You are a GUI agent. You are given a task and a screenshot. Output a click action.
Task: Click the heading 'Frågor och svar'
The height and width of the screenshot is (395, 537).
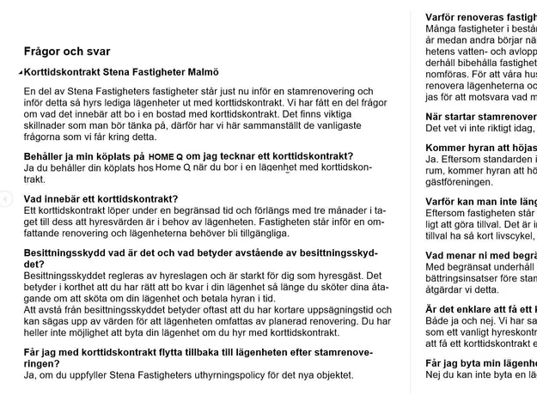(67, 52)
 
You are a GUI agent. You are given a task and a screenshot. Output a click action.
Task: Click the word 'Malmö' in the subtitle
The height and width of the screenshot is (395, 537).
(201, 72)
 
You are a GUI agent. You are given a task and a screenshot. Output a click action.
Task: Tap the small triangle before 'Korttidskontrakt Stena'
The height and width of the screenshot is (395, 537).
(21, 72)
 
